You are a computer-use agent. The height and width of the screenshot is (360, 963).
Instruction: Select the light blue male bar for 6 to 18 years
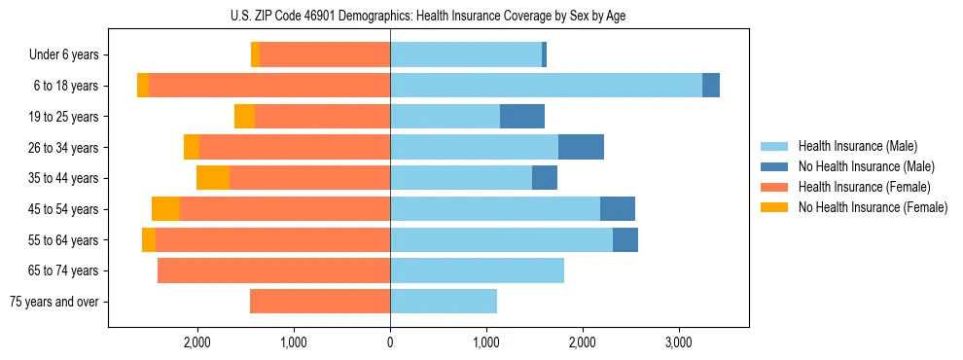pos(546,86)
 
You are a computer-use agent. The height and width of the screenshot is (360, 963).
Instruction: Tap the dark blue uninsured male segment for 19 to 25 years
pos(522,117)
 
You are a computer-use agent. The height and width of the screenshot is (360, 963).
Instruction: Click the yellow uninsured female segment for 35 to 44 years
pos(213,178)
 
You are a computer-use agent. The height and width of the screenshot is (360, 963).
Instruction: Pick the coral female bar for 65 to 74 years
pos(273,270)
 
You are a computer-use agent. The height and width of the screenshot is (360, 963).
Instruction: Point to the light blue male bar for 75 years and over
pos(444,302)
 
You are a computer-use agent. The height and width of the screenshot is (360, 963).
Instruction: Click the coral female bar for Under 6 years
pos(325,54)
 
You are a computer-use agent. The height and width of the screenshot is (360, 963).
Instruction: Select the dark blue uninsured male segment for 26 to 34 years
pos(581,147)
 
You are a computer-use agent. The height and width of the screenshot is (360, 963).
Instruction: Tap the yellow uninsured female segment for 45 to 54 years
pos(165,209)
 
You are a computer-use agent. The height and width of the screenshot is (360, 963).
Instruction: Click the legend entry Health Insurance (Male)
pos(857,146)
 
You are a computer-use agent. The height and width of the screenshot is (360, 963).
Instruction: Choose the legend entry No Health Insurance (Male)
pos(866,166)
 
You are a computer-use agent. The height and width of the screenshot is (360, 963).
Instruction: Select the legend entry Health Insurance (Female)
pos(864,187)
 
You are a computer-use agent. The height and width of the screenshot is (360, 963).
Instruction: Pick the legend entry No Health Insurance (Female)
pos(873,207)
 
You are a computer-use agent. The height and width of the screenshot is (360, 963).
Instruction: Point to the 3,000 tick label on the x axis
pos(678,342)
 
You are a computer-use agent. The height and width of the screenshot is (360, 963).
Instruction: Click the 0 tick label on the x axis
pos(390,342)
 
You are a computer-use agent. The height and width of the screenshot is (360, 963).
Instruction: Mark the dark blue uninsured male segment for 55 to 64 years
pos(625,239)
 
